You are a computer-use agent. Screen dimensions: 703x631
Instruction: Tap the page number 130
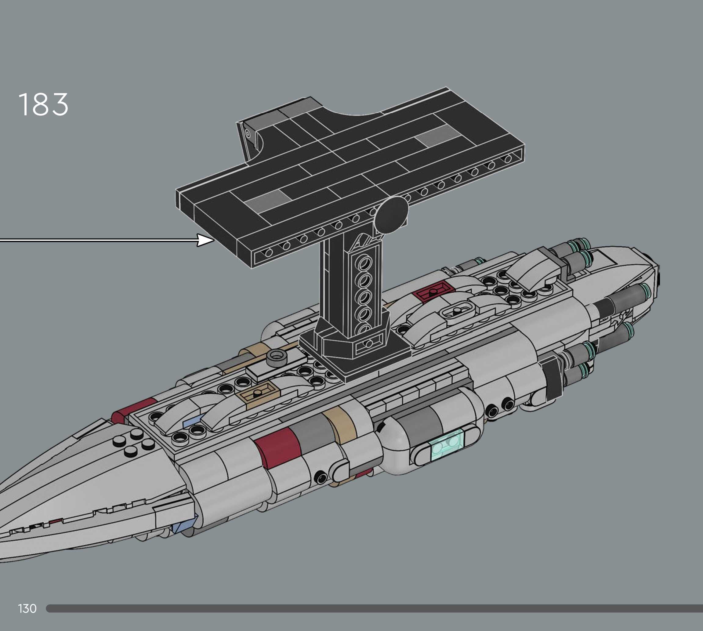(x=27, y=608)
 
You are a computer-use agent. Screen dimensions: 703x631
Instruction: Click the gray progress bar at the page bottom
(x=374, y=608)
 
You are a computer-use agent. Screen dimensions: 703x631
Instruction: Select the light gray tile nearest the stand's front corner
(x=267, y=201)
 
